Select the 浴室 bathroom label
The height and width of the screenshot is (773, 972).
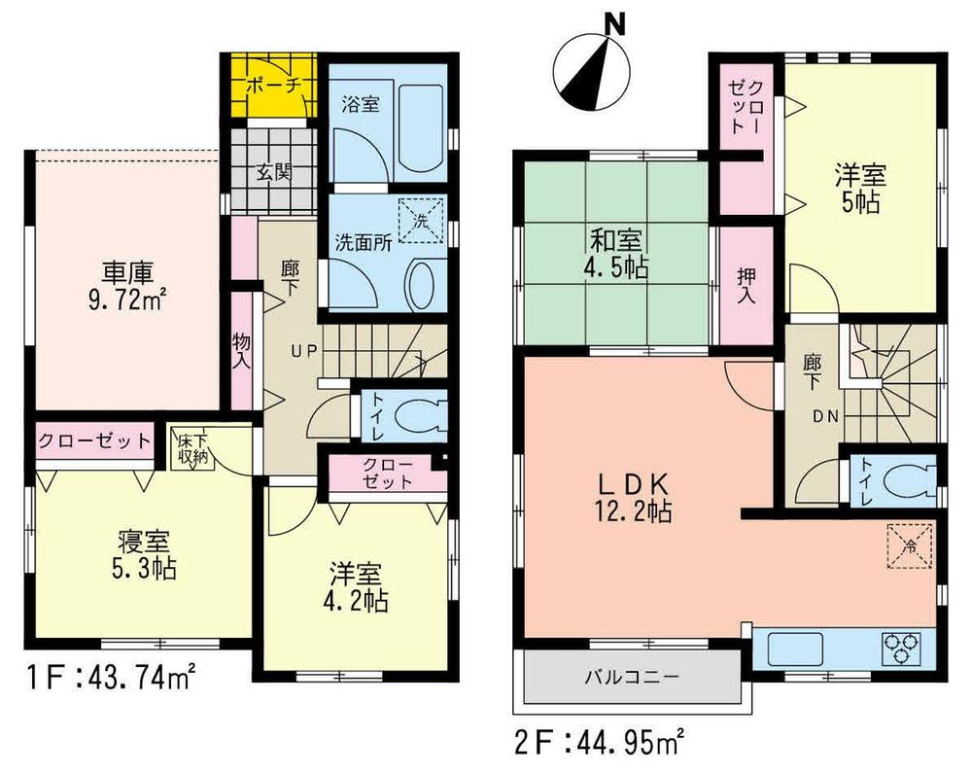point(362,105)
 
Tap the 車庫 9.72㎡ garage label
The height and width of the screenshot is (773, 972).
point(126,283)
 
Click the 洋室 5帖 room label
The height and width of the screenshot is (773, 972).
point(860,192)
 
